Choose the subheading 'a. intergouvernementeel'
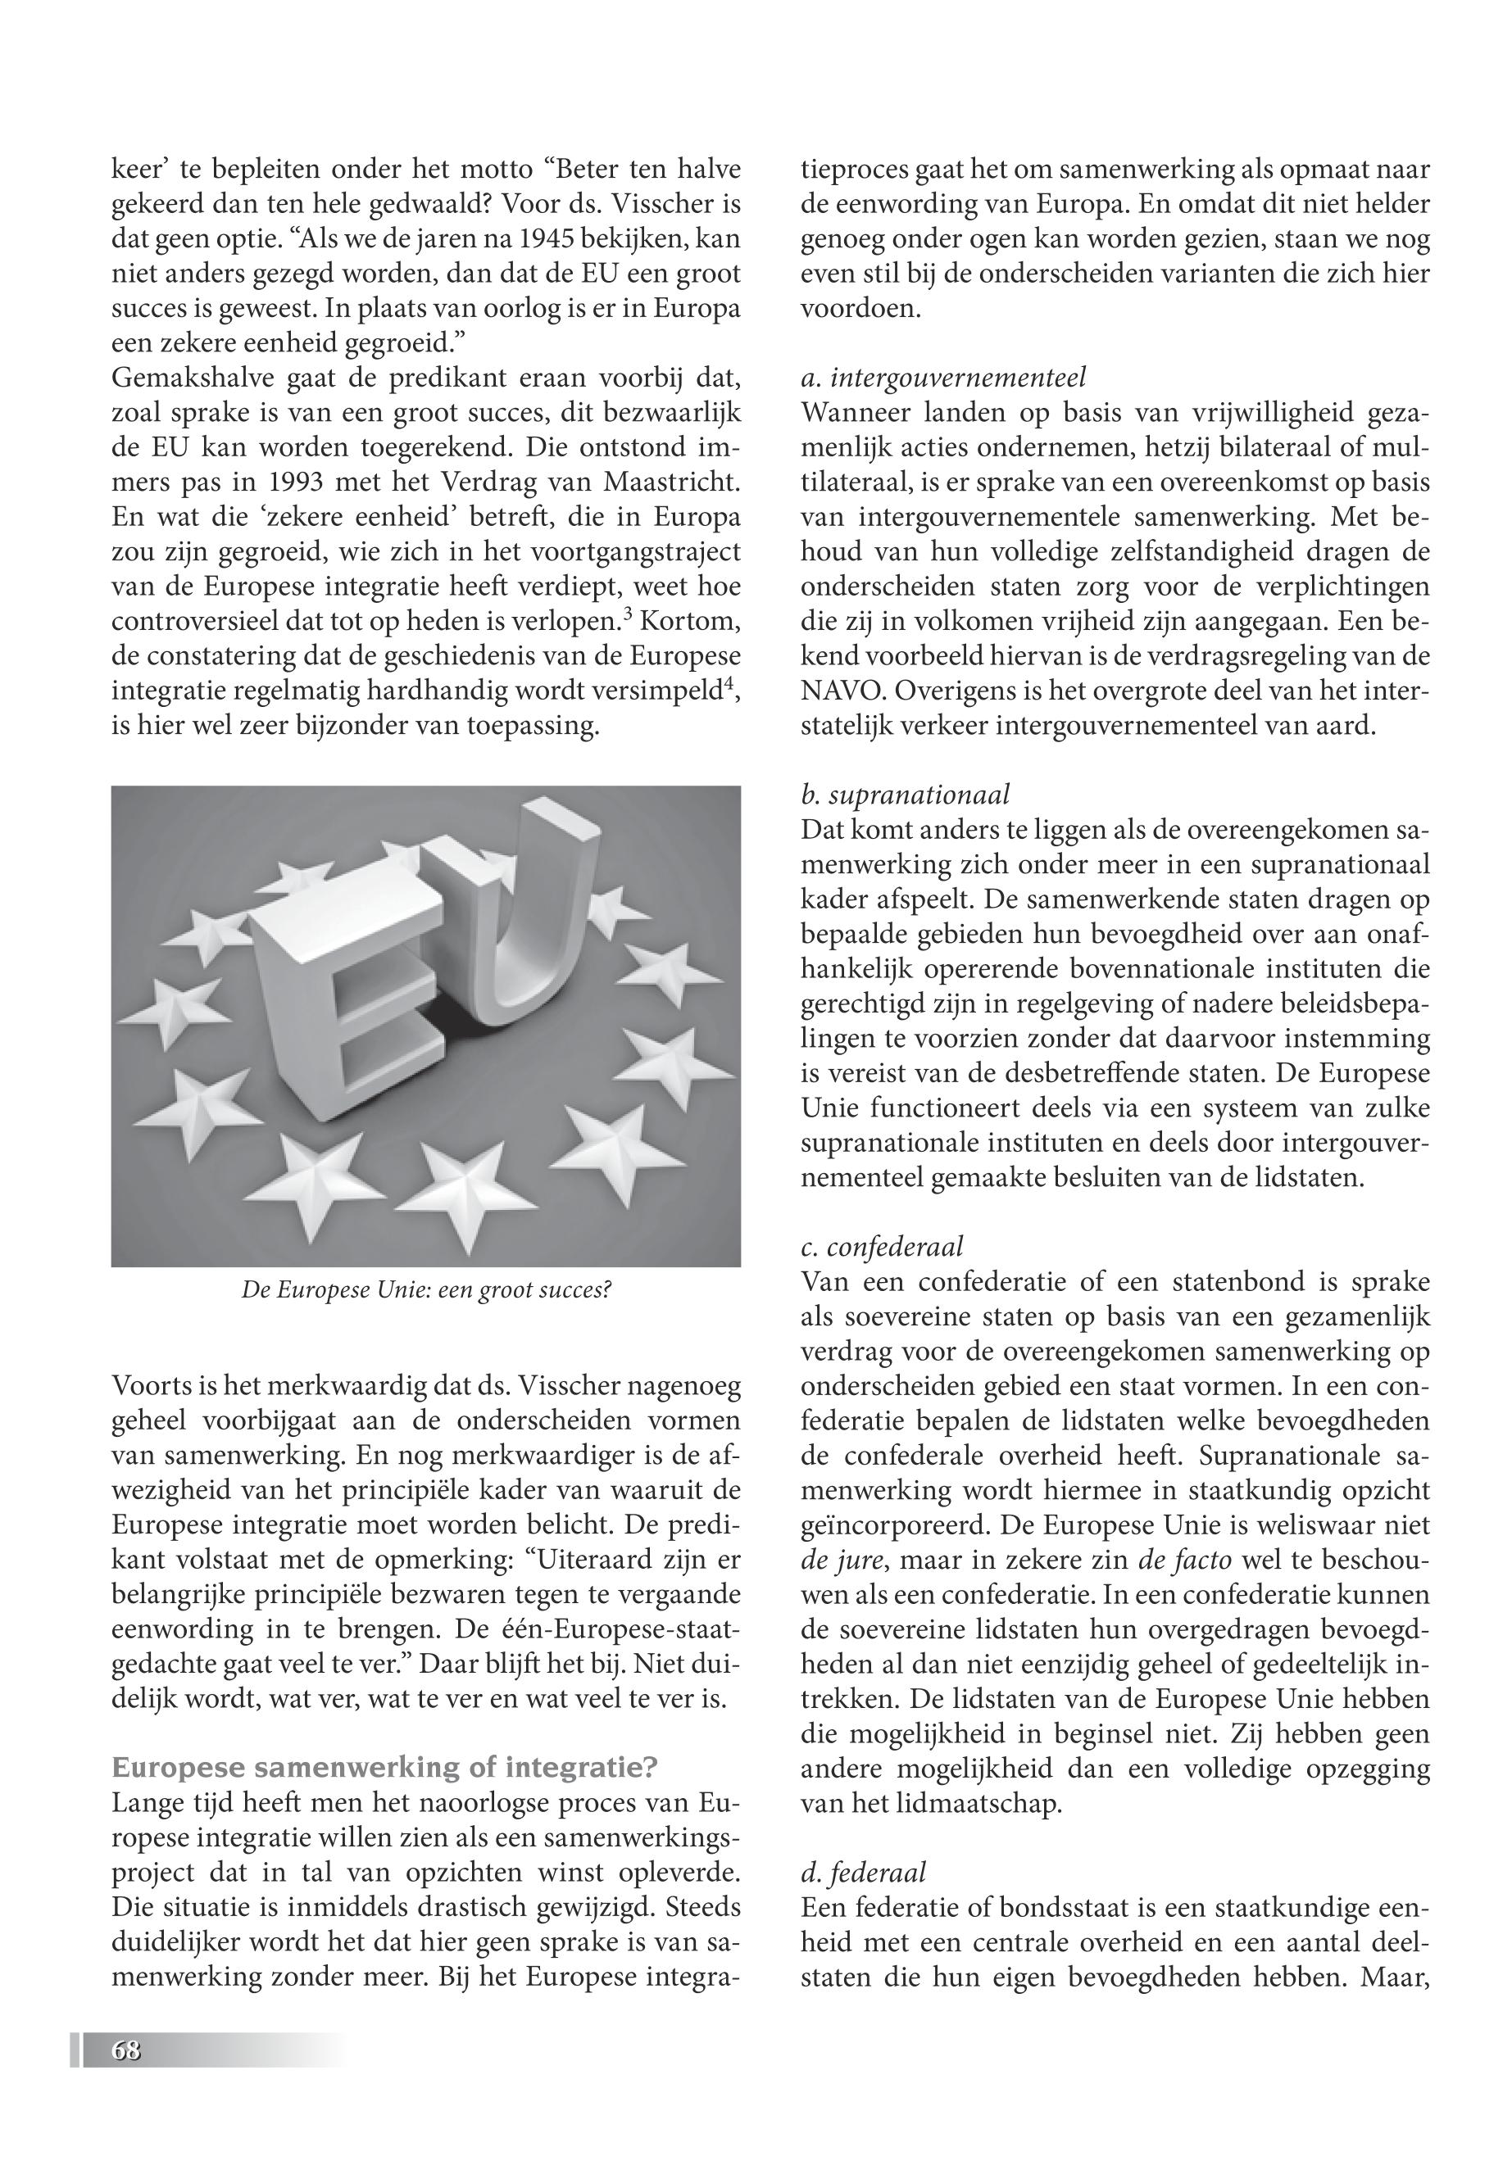943,378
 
